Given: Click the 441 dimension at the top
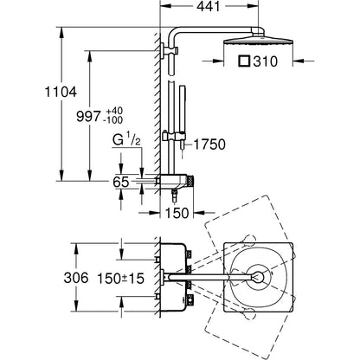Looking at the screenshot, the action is [209, 6].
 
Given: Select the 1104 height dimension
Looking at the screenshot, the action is [61, 92].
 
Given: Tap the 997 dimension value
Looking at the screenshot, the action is [88, 116].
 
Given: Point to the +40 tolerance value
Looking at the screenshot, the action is [114, 111].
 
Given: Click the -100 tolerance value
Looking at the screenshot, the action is [112, 119].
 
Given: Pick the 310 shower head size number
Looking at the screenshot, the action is [266, 61].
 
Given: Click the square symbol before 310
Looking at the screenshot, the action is [244, 61].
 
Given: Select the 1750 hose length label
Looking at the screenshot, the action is [209, 145].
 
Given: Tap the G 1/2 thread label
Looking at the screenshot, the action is [126, 140].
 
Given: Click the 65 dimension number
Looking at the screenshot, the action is [121, 182].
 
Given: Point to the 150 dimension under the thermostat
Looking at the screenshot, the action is [177, 213].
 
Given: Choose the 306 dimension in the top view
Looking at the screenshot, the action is [76, 278].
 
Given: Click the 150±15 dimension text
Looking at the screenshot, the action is [120, 279].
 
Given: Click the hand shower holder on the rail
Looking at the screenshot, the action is [174, 135].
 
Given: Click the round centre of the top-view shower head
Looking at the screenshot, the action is [259, 277].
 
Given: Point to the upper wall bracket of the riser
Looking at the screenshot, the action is [170, 50].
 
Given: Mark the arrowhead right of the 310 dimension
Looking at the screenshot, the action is [299, 61].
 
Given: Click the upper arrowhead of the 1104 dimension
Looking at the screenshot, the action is [61, 32].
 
